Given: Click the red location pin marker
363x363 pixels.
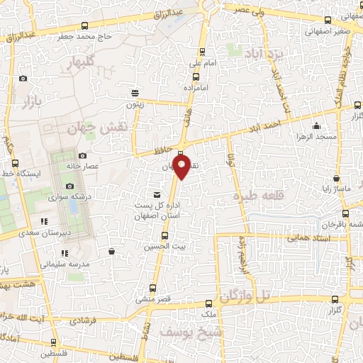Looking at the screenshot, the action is [182, 167].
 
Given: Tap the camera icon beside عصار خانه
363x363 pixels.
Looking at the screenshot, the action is [82, 155].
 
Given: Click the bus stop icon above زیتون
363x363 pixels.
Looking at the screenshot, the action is [135, 93].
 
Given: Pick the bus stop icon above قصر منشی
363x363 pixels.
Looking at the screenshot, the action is [153, 288].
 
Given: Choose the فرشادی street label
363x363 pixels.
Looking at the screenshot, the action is [84, 320].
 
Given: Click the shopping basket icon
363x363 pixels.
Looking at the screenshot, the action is [112, 250].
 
